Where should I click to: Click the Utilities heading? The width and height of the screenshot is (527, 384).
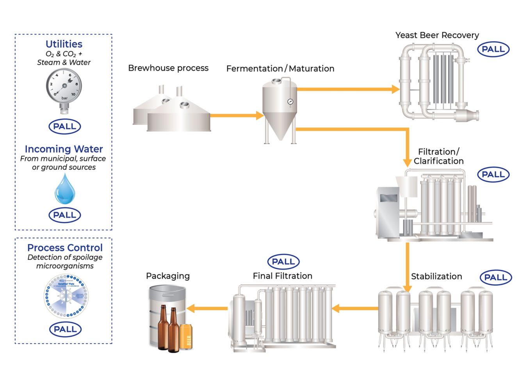coord(64,44)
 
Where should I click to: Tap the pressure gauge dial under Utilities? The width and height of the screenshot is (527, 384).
coord(64,86)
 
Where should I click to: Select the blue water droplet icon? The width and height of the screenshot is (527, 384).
coord(64,190)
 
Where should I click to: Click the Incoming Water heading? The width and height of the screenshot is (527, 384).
coord(64,149)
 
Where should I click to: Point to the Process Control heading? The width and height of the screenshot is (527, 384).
coord(65,248)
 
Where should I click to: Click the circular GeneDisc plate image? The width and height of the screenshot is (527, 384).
coord(66,296)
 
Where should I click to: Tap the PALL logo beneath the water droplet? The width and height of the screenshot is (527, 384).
coord(64,215)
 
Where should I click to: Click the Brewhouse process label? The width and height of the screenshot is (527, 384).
coord(168,68)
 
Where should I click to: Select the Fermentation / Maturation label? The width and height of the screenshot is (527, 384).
coord(280,69)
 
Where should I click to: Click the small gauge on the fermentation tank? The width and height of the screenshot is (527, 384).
coord(290,102)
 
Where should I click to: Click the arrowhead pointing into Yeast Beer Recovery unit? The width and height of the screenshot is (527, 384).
coord(395,89)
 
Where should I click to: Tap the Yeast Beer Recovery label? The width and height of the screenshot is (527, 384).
coord(437,35)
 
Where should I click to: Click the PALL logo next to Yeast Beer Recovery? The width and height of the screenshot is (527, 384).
coord(493,49)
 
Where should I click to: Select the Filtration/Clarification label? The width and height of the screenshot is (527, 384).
coord(438,156)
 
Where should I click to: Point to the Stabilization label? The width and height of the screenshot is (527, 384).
coord(436,276)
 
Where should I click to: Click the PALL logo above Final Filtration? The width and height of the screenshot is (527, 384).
coord(283,262)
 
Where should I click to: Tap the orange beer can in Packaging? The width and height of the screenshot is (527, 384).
coord(186,337)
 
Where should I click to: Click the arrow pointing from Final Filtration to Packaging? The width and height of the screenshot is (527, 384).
coord(207,308)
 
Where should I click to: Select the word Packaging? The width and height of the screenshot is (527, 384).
coord(168,276)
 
